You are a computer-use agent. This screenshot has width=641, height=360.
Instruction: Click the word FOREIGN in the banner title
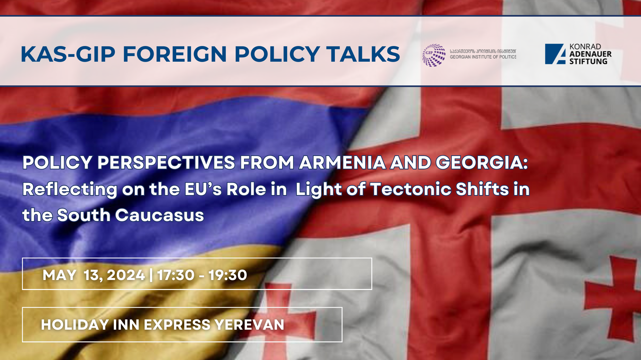pos(175,54)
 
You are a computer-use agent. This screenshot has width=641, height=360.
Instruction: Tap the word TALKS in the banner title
pos(363,54)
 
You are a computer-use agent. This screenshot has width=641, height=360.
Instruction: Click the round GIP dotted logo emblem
pos(434,55)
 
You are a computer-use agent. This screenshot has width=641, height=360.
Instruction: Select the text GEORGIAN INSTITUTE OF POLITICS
pos(483,57)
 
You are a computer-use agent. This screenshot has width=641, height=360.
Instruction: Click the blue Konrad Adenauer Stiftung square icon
pos(555,54)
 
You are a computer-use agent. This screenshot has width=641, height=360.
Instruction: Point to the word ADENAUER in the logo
pos(590,54)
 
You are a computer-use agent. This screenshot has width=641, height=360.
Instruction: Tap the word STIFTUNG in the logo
pos(588,61)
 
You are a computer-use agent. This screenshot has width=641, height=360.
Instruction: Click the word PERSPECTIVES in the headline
pos(166,163)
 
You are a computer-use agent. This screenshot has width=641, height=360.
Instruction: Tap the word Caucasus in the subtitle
pos(160,215)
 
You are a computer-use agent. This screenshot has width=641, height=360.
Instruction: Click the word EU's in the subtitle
pos(203,189)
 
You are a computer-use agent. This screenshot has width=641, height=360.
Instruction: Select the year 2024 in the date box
pos(126,275)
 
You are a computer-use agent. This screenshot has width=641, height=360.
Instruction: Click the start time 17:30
pos(176,275)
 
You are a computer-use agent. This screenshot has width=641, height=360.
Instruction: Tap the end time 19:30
pos(228,275)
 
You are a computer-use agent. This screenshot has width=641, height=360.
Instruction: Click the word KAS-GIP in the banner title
pos(68,54)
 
